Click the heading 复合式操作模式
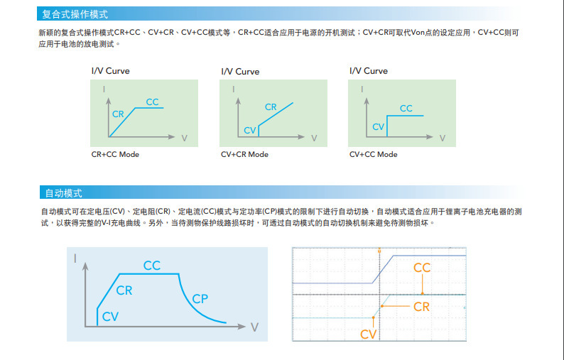(75, 13)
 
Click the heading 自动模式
(63, 192)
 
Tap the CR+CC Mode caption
(115, 154)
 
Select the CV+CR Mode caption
(244, 154)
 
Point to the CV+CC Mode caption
(373, 154)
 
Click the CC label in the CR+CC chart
(153, 102)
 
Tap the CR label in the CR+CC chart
(118, 114)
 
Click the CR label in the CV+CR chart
(271, 107)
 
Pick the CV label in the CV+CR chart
(249, 130)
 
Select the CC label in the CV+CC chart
(406, 109)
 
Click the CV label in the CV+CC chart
(378, 126)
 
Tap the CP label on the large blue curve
(200, 299)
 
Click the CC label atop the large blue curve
(152, 266)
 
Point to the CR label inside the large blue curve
(124, 290)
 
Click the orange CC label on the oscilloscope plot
(422, 268)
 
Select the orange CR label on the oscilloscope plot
(422, 307)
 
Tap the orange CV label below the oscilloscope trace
(368, 334)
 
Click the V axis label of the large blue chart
(254, 327)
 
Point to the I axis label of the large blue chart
(75, 259)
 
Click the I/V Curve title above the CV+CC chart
(368, 71)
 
